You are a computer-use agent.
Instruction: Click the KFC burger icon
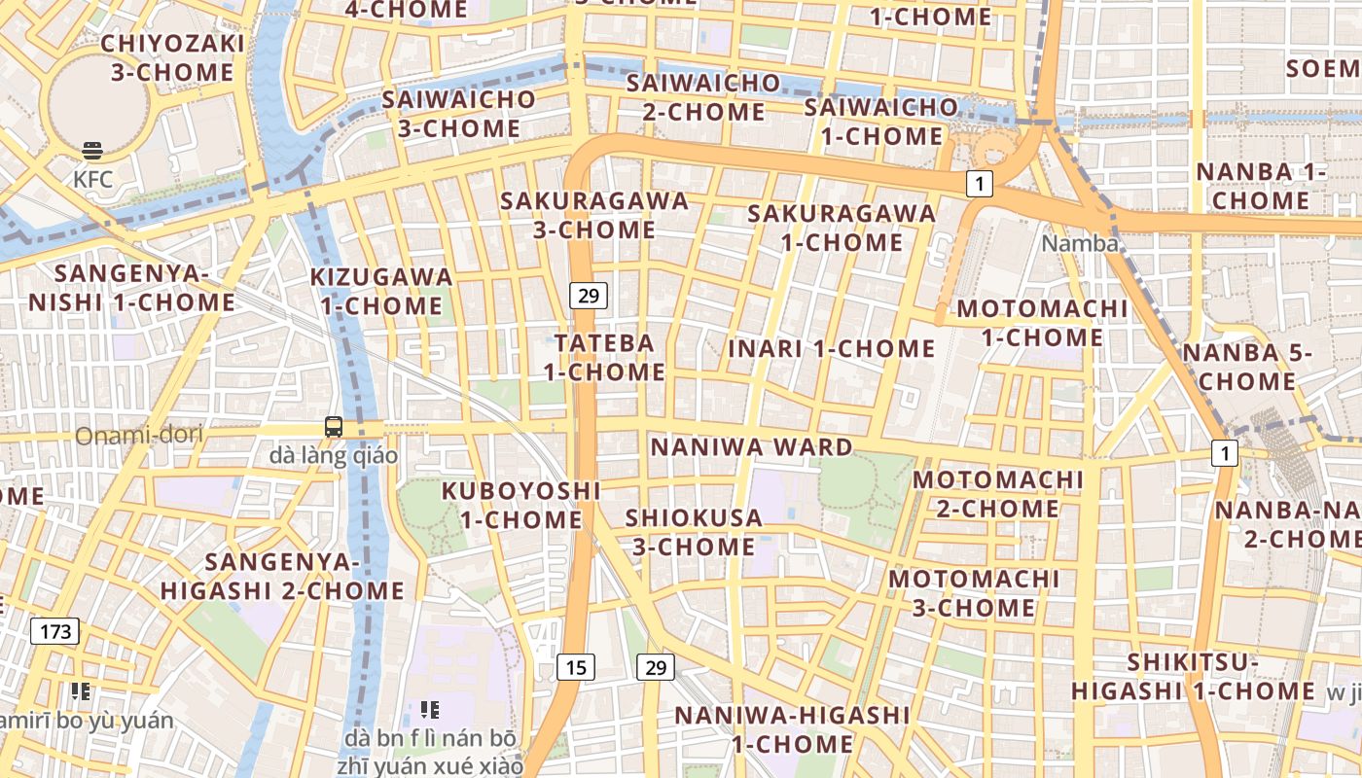(x=92, y=151)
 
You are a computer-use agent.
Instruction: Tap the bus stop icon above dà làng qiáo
(x=334, y=426)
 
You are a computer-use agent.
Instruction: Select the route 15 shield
(x=576, y=666)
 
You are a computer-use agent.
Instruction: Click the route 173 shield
(x=55, y=631)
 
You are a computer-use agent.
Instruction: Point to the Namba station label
(x=1080, y=243)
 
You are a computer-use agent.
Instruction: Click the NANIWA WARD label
(x=751, y=447)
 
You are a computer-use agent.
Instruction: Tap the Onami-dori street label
(x=139, y=435)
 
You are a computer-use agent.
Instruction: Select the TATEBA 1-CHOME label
(x=604, y=357)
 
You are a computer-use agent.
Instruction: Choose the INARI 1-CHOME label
(x=832, y=348)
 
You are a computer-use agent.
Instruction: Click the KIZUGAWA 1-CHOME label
(x=381, y=291)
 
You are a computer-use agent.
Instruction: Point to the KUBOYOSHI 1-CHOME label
(x=521, y=505)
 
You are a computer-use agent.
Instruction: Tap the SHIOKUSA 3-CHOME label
(x=694, y=532)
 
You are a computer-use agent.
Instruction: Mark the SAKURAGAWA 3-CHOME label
(x=593, y=215)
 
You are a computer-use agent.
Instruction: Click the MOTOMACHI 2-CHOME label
(x=997, y=493)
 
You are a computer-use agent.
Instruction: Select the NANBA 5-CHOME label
(x=1247, y=367)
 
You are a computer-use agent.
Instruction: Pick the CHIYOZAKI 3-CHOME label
(x=172, y=57)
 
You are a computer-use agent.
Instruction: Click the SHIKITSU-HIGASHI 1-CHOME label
(x=1193, y=677)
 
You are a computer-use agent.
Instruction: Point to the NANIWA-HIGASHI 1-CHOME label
(x=792, y=729)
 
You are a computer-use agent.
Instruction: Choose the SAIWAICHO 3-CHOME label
(x=458, y=113)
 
